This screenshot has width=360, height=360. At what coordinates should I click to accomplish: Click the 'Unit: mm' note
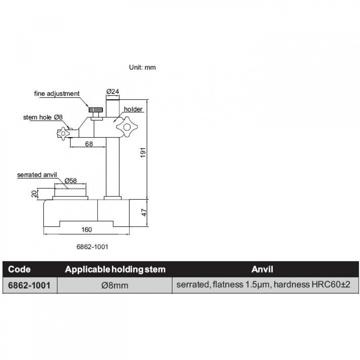point(143,67)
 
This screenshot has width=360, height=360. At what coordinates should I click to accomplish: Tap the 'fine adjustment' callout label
point(57,94)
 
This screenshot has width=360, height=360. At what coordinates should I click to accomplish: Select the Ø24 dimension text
point(113,92)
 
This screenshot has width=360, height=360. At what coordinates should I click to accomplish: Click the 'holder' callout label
point(133,109)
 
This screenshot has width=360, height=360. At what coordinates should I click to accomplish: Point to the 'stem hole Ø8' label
point(43,117)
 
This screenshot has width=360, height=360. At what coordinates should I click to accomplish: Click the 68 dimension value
point(89,144)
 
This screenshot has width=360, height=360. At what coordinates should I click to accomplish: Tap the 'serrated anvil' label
point(37,175)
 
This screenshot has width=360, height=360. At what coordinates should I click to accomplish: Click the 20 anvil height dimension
point(34,194)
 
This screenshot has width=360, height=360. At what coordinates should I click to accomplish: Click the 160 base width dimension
point(86,230)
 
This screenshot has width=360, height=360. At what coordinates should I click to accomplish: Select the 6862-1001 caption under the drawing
point(93,247)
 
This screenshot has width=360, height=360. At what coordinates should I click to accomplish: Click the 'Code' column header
point(19,269)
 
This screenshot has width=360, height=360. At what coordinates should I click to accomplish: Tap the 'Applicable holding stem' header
point(115,269)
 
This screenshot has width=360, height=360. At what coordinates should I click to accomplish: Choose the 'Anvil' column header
point(262,269)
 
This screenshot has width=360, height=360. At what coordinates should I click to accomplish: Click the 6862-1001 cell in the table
point(28,285)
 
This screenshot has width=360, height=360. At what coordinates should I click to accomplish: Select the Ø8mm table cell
point(115,285)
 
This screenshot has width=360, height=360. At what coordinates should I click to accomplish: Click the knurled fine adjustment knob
point(96,109)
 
